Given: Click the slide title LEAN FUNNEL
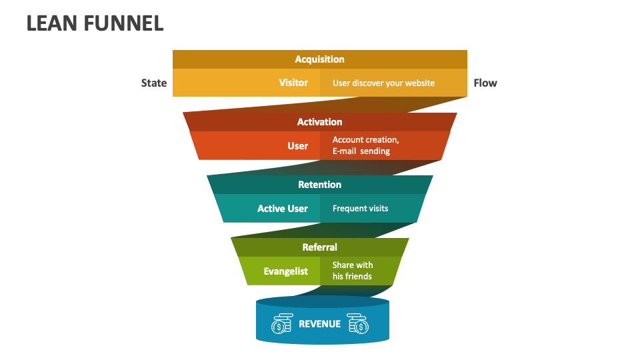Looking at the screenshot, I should click(95, 23).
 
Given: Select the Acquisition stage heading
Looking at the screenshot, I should click(320, 59).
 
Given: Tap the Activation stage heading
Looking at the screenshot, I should click(320, 122).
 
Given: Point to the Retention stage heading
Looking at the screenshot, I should click(320, 185).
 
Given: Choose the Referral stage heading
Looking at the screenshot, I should click(320, 247).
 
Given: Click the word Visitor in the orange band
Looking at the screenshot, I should click(293, 83).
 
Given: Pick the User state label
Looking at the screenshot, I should click(297, 146).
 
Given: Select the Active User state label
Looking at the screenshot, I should click(283, 209).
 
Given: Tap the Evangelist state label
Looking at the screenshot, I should click(285, 271).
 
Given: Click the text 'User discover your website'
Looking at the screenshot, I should click(383, 83).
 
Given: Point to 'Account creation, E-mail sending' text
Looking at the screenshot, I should click(365, 145).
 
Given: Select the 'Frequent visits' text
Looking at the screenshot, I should click(360, 209).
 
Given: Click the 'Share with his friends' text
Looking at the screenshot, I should click(353, 271).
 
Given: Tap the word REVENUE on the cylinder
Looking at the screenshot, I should click(319, 324).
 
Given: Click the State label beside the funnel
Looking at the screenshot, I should click(154, 83).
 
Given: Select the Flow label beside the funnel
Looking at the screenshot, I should click(485, 83).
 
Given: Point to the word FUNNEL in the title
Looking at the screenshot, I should click(124, 23).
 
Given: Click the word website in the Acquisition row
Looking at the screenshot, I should click(419, 83).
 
